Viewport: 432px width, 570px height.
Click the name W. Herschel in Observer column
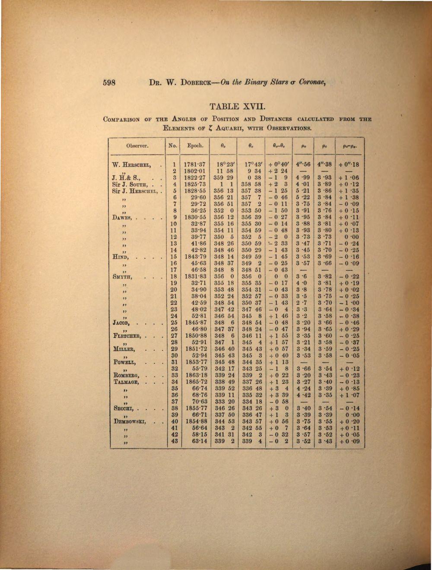(131, 164)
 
